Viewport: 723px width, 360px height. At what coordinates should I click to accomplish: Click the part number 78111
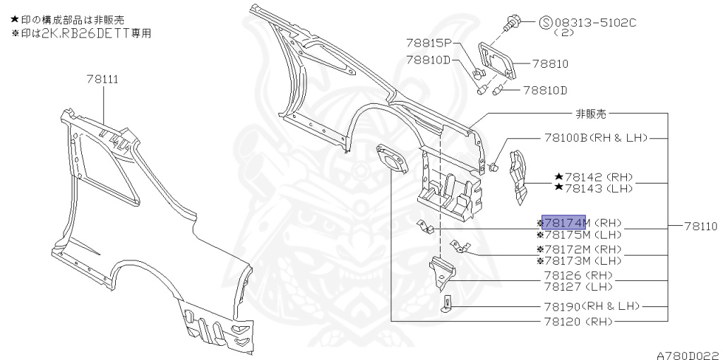[102, 79]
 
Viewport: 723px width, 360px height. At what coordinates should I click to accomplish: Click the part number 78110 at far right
[700, 227]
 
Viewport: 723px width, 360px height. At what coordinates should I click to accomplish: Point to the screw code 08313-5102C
[595, 23]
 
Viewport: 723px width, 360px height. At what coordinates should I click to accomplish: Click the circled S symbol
[546, 23]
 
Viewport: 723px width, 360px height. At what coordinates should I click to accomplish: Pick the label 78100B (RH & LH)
[596, 138]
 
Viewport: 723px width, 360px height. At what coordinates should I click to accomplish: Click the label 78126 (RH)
[578, 275]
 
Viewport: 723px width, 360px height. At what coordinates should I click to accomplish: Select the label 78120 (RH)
[578, 321]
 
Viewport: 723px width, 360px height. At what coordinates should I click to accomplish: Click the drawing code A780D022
[689, 355]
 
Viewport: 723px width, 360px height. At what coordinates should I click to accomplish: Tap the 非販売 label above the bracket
[591, 114]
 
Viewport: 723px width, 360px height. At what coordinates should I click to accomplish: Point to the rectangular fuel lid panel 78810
[497, 61]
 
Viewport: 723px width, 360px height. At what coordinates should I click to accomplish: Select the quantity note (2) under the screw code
[563, 33]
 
